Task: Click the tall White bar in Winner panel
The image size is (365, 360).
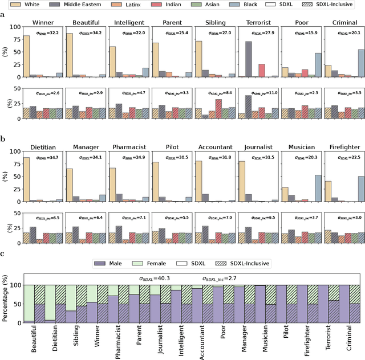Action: tap(26, 56)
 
